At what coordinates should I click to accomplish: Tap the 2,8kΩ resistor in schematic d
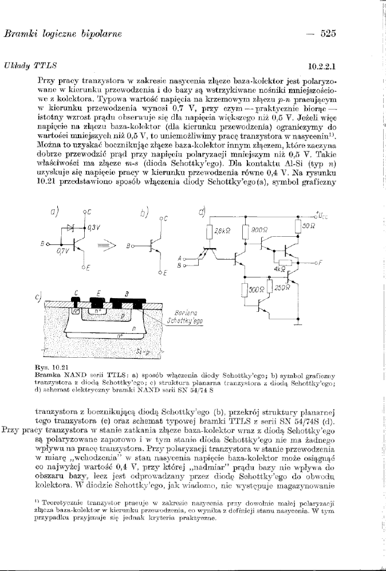click(209, 232)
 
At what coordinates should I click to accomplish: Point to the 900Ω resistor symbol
click(245, 232)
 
